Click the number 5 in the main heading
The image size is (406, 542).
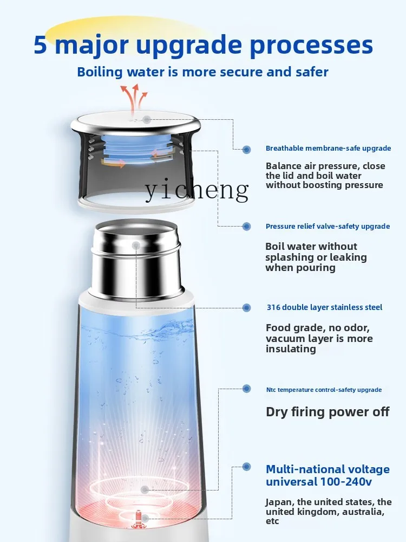click(x=41, y=45)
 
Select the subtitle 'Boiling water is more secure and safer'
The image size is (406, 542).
click(x=202, y=72)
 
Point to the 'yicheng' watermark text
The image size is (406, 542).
click(x=196, y=191)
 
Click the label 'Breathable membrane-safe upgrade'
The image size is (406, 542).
click(x=328, y=149)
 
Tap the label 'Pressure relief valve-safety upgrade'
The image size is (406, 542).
click(x=328, y=227)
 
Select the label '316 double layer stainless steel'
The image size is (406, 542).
click(x=324, y=307)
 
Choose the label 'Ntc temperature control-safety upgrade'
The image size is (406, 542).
click(x=324, y=390)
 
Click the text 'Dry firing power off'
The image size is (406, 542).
click(x=327, y=412)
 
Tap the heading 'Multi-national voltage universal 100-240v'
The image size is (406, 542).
click(x=328, y=475)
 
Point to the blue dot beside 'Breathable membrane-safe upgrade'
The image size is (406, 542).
click(x=247, y=149)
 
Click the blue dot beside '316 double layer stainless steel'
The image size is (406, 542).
click(x=247, y=307)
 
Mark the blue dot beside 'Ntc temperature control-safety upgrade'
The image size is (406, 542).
click(x=247, y=389)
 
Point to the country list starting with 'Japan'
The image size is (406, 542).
click(x=328, y=512)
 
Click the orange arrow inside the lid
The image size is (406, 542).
click(x=114, y=163)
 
